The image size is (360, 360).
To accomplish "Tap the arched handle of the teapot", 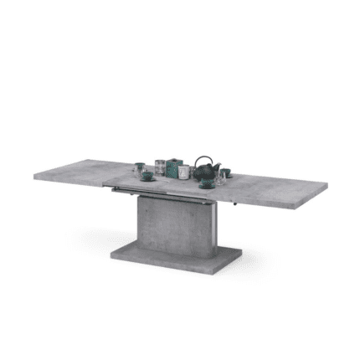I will point(204,161).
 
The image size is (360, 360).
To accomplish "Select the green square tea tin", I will point(176,169).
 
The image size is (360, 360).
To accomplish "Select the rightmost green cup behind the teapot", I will point(224,172).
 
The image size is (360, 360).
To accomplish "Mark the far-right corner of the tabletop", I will point(327,187).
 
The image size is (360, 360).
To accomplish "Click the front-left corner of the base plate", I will point(111,252).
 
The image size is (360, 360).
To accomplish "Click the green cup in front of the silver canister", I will point(152,175).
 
